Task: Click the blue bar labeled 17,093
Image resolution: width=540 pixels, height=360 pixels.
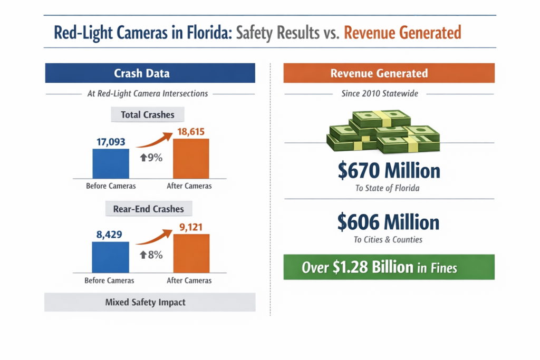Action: tap(111, 163)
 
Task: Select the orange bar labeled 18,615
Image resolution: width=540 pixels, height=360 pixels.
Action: tap(191, 158)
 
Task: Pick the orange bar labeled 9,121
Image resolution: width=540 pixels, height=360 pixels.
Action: tap(191, 253)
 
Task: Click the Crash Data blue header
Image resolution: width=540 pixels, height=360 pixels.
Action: tap(149, 73)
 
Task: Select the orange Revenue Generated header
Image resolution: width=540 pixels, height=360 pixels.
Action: tap(389, 73)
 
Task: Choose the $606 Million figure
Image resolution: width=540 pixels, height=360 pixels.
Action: tap(389, 222)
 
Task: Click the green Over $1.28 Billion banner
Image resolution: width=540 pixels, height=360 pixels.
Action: tap(389, 267)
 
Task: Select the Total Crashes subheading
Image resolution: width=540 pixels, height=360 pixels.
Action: tap(148, 114)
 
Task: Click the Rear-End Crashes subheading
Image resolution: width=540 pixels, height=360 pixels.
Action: tap(148, 209)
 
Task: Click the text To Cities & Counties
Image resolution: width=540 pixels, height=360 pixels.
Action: tap(389, 240)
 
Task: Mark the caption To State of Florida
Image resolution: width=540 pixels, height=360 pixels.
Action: tap(388, 188)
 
